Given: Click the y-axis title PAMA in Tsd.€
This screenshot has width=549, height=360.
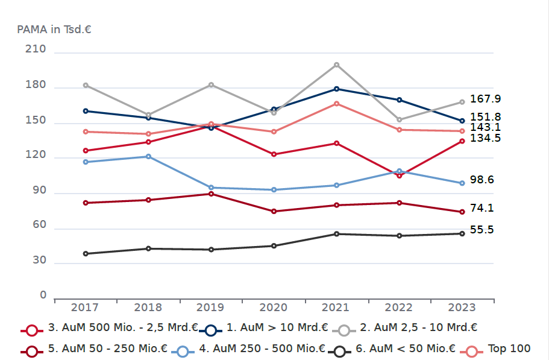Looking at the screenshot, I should tap(54, 29).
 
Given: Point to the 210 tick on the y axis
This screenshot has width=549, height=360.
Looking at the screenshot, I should tap(35, 49).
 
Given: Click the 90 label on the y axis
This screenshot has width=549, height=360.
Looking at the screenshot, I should tap(39, 190).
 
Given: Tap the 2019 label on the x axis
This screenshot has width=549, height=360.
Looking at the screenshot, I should tap(211, 308).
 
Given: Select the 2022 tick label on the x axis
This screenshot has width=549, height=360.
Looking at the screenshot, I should tap(399, 308).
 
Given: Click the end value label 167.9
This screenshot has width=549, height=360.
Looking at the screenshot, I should tap(486, 99).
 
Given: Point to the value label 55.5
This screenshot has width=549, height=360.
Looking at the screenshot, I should tap(482, 230).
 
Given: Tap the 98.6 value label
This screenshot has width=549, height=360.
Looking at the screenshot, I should tap(482, 180).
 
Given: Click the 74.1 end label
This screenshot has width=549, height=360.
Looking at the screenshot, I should tap(482, 208).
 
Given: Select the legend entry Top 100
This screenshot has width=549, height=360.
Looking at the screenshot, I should tap(509, 349).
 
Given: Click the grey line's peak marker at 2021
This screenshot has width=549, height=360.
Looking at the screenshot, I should tap(336, 65).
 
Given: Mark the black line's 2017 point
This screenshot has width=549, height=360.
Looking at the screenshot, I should tap(86, 254).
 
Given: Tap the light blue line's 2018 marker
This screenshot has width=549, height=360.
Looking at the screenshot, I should tap(148, 157).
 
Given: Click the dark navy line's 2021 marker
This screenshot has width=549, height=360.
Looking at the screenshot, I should tap(336, 89).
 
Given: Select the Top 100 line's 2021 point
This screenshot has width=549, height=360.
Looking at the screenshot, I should tap(336, 104).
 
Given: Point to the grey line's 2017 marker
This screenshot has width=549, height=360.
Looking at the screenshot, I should tap(86, 85).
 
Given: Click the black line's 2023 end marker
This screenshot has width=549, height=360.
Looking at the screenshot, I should tap(462, 233).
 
